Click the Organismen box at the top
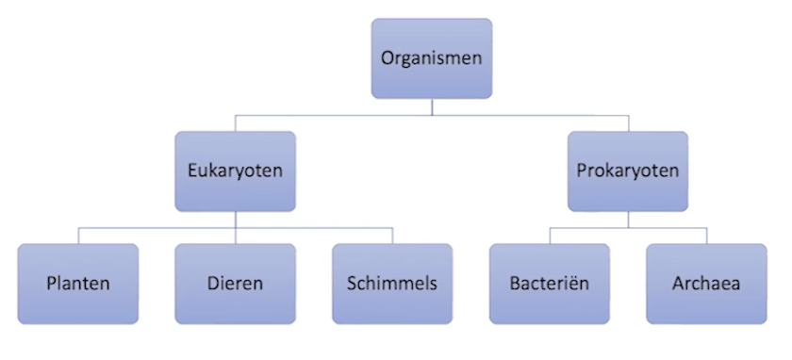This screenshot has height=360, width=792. pos(431,57)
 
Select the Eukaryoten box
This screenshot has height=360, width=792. pos(235,172)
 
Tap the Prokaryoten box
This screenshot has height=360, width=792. pos(627,172)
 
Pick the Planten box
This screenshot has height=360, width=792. pos(78,283)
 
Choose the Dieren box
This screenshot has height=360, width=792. pos(235,283)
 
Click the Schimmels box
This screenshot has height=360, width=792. pos(391,283)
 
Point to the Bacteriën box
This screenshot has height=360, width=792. pos(549,283)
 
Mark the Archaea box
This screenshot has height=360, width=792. pos(705,283)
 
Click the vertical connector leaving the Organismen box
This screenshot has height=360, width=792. pos(432,106)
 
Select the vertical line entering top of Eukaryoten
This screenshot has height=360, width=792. pos(235,123)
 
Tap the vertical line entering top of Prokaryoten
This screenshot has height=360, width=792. pos(628,123)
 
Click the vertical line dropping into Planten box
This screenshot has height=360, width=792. pos(78,236)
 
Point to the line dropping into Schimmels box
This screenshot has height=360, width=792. pos(392,236)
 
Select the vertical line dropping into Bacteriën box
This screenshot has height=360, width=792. pos(549,236)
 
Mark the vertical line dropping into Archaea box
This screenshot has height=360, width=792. pos(706,236)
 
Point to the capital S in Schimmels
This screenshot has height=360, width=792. pos(352,283)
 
